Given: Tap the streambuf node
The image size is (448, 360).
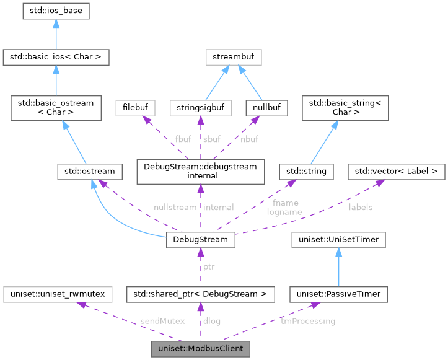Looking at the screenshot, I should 234,58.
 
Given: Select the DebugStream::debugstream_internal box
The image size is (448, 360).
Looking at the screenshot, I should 200,170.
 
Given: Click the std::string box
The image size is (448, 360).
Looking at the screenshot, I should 307,170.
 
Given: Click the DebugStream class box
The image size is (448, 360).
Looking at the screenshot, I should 200,239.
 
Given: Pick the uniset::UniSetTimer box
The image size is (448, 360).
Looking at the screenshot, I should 339,239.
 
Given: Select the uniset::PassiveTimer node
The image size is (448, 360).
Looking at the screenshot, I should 339,293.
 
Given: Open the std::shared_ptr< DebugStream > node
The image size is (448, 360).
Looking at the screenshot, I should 200,293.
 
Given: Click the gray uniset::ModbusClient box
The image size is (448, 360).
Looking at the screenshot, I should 200,349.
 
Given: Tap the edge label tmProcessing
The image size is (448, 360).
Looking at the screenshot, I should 307,321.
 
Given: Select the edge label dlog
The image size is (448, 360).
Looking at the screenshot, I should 212,321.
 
